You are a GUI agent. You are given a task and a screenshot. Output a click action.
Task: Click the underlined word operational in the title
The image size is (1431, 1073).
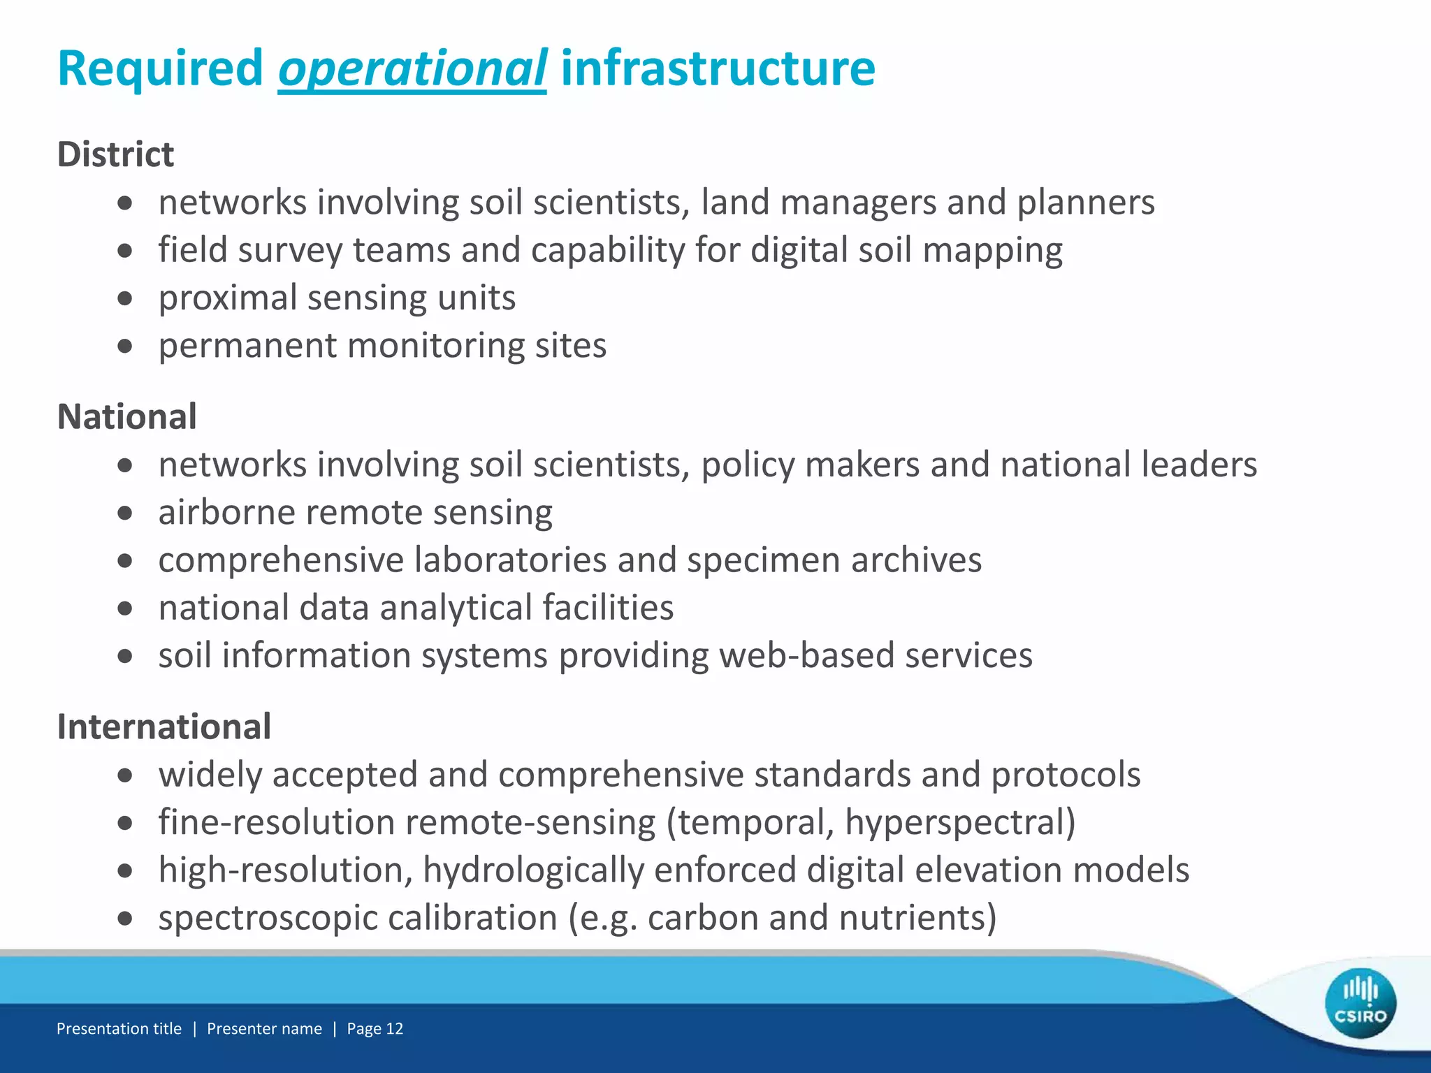[412, 68]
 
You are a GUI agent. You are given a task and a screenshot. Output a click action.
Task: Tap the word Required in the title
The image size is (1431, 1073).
[160, 68]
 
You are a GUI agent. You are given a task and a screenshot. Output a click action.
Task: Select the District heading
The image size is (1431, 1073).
[115, 154]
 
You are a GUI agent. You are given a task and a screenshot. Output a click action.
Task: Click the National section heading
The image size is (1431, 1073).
[126, 417]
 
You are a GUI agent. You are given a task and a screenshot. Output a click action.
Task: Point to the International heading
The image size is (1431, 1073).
[164, 727]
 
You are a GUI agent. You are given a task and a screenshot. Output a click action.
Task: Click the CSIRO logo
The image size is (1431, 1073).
[1360, 1003]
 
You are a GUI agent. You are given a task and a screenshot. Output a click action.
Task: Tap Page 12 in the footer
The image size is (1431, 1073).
[375, 1028]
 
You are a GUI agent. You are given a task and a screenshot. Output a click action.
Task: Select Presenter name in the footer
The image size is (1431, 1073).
[264, 1028]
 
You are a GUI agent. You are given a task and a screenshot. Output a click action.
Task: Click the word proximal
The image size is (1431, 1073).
[228, 298]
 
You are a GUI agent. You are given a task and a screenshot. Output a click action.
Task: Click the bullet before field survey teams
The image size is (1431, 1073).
[125, 250]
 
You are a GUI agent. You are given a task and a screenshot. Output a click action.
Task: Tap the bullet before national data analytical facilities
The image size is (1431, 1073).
[125, 608]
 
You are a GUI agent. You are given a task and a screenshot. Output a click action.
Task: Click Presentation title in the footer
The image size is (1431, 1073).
[119, 1028]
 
